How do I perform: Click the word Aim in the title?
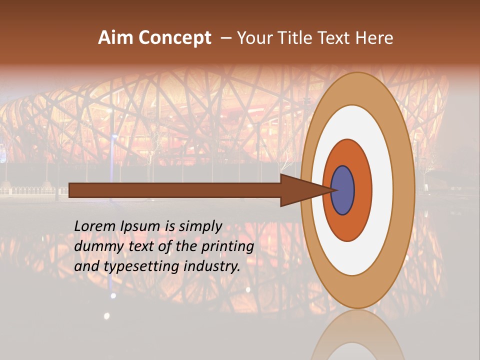click(115, 38)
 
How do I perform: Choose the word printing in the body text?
click(227, 246)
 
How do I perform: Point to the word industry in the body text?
click(212, 266)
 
